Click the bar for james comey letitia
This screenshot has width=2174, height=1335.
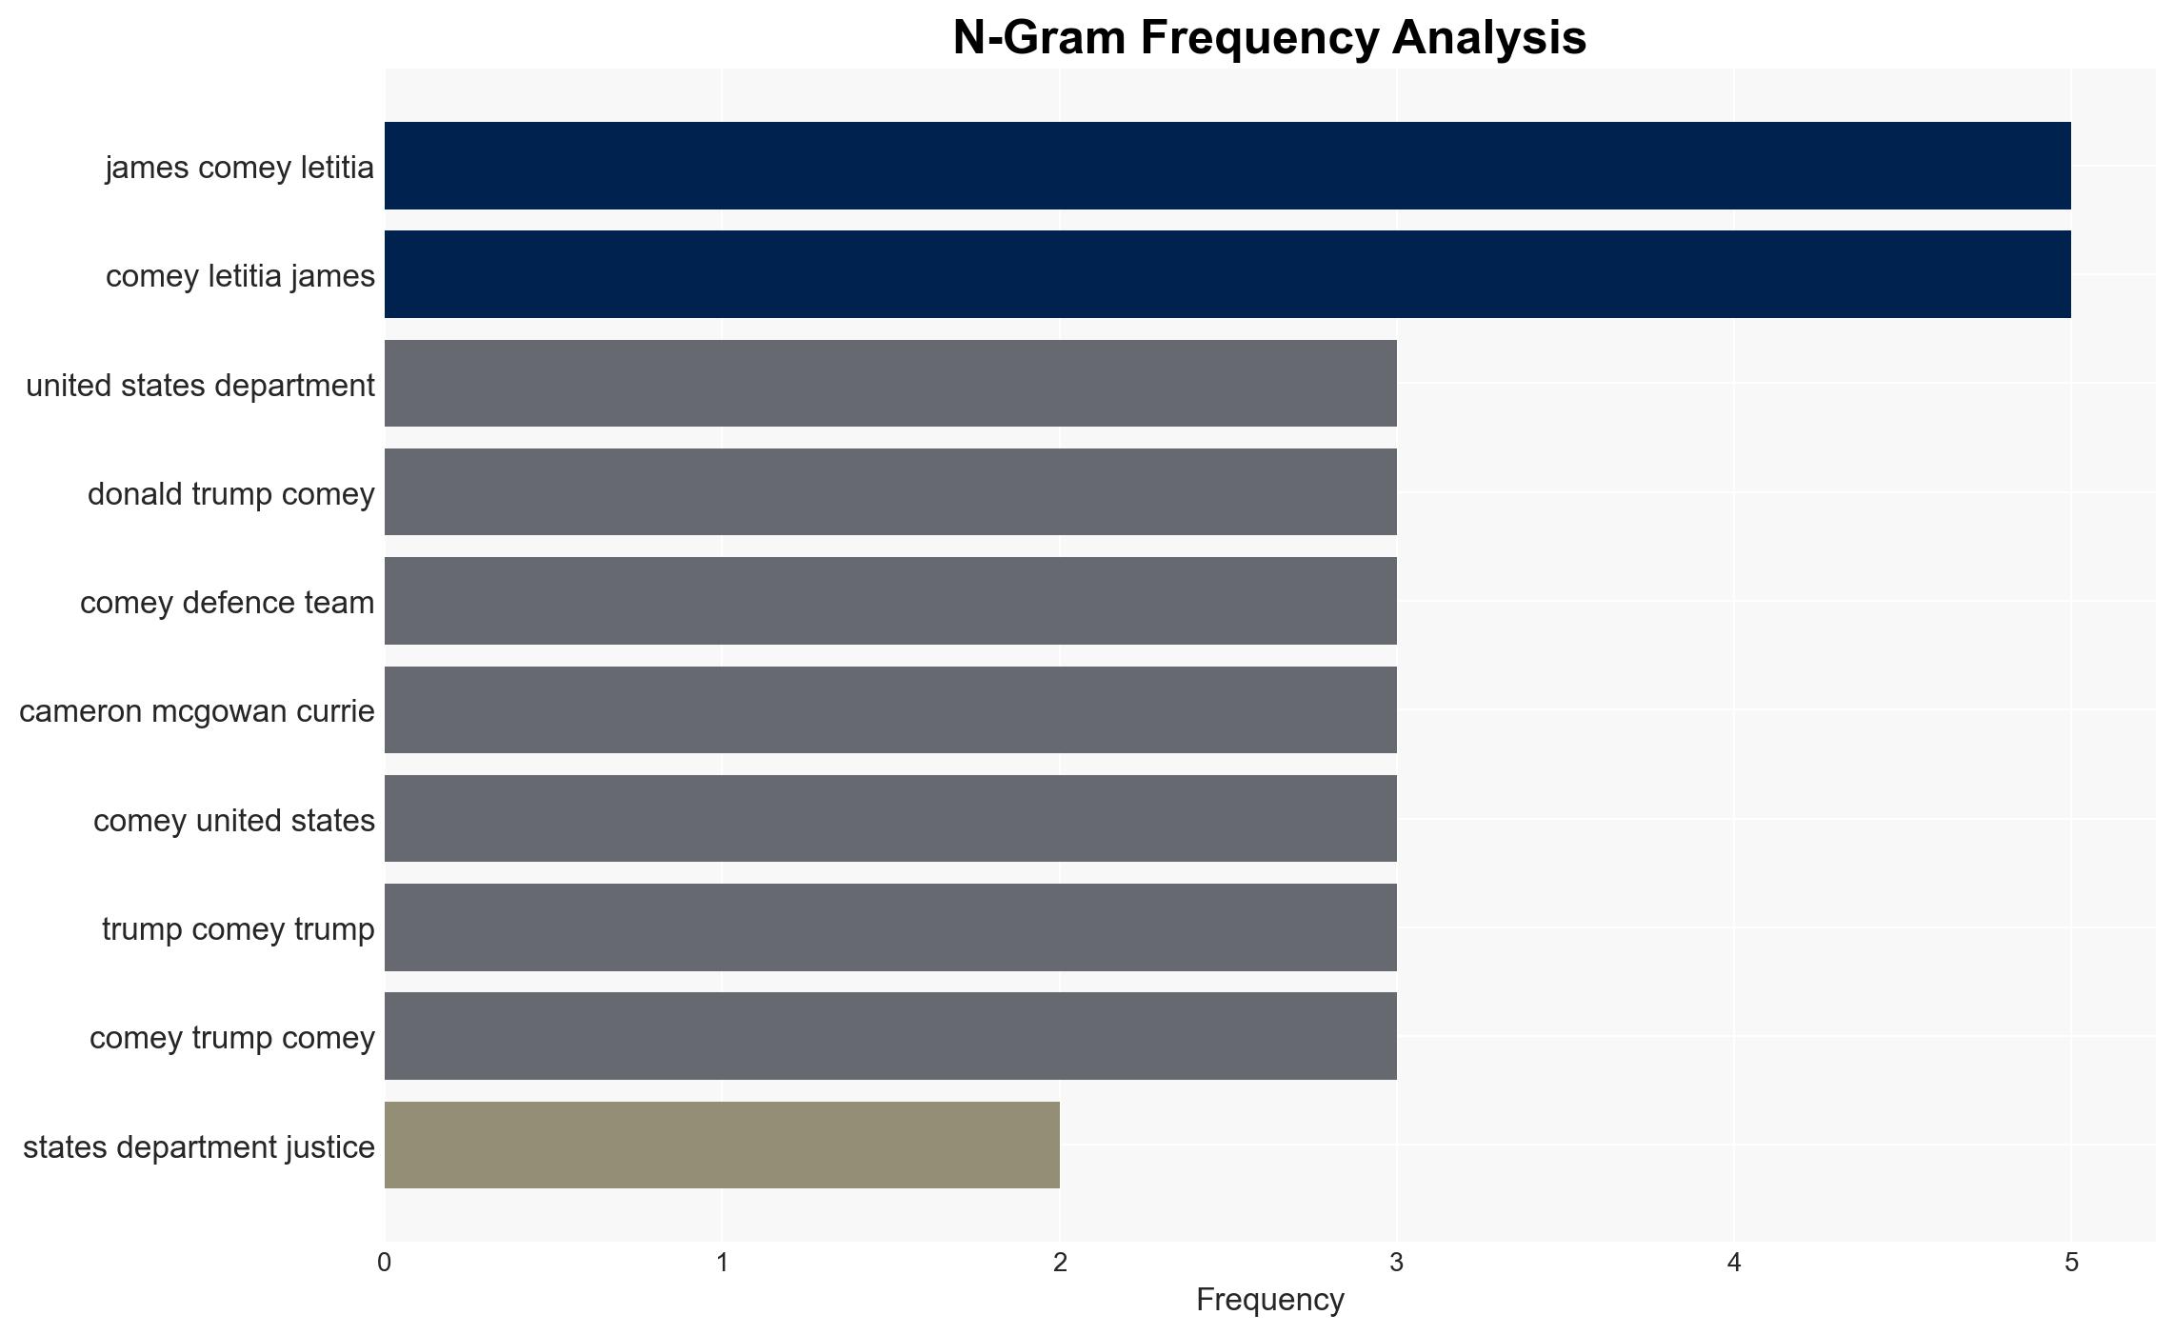(x=1227, y=166)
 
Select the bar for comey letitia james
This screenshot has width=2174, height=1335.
(x=1227, y=274)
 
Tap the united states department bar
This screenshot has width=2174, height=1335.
(x=890, y=384)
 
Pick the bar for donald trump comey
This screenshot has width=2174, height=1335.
(x=890, y=492)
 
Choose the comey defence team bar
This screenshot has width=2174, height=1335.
(x=890, y=601)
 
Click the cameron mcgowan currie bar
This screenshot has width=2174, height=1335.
(x=890, y=710)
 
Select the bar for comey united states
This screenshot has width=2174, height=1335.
(x=890, y=819)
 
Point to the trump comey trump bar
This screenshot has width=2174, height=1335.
(x=890, y=927)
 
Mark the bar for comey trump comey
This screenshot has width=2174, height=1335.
(x=890, y=1036)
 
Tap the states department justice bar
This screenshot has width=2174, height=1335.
(x=722, y=1146)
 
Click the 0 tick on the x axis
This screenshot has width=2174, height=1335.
(x=385, y=1264)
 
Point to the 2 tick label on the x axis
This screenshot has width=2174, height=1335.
(x=1060, y=1264)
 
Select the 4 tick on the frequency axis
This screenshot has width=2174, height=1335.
(x=1734, y=1264)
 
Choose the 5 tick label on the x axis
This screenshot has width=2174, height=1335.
(x=2071, y=1264)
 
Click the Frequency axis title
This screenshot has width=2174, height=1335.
(x=1270, y=1300)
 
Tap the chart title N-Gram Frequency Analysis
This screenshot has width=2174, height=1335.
(x=1270, y=38)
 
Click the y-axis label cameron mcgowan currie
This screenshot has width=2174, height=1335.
(x=197, y=711)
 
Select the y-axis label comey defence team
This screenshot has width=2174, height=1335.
(x=228, y=603)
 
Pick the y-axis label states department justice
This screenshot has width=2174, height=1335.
(x=199, y=1147)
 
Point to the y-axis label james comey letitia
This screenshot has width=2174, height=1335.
(x=240, y=168)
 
